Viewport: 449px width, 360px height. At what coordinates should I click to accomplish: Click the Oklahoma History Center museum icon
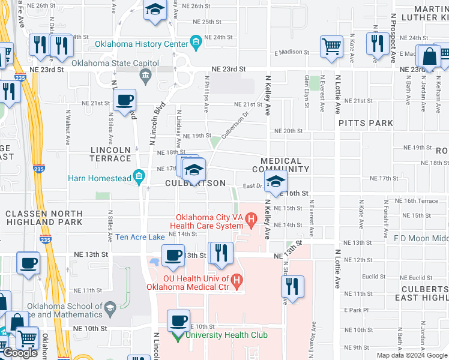pyautogui.click(x=196, y=41)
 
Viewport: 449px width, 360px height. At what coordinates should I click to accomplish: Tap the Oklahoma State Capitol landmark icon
pyautogui.click(x=145, y=76)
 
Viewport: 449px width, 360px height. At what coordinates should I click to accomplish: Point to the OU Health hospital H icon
pyautogui.click(x=237, y=280)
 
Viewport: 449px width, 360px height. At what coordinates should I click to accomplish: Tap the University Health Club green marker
pyautogui.click(x=176, y=335)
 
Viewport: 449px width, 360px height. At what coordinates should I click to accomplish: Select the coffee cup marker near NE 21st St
pyautogui.click(x=124, y=100)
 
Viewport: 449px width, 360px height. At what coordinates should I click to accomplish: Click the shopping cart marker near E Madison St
pyautogui.click(x=332, y=46)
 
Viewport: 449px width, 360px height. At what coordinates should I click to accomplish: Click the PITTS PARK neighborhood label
pyautogui.click(x=366, y=123)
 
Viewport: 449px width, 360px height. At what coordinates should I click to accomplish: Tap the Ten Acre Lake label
pyautogui.click(x=140, y=238)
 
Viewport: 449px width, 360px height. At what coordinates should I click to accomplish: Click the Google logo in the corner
pyautogui.click(x=20, y=353)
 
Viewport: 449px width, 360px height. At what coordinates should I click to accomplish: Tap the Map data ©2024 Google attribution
pyautogui.click(x=411, y=355)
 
